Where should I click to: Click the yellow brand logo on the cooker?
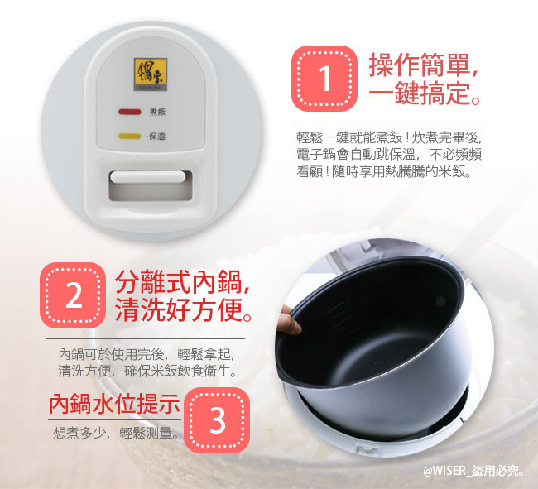tap(151, 74)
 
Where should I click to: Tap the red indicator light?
tap(130, 112)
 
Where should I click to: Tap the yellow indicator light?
tap(129, 137)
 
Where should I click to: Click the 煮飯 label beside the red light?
tap(157, 112)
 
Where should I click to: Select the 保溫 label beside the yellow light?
tap(157, 137)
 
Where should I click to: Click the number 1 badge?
tap(324, 79)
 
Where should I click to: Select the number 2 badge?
tap(73, 295)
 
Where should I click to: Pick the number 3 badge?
tap(217, 420)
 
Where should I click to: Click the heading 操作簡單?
tap(424, 65)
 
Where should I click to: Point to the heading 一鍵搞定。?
tap(425, 93)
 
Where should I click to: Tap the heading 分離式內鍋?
tap(183, 282)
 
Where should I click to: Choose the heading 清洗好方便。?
tap(183, 309)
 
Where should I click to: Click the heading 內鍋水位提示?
tap(114, 404)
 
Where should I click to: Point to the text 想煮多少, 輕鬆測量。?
tap(117, 433)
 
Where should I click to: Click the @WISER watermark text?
tap(474, 471)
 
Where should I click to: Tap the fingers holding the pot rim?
tap(289, 320)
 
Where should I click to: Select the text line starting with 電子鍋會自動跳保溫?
tap(389, 155)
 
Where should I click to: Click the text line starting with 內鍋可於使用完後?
tap(147, 354)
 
